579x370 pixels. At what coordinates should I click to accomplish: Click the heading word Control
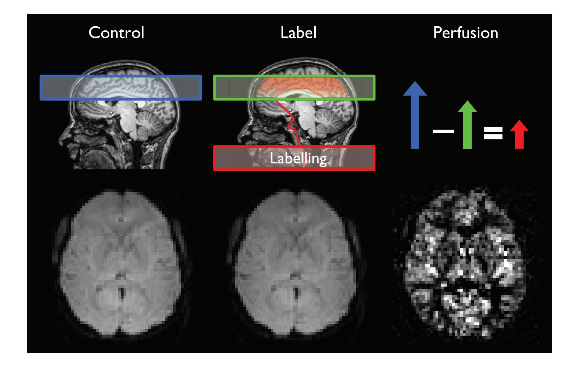click(x=116, y=33)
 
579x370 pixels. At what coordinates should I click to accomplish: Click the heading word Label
click(x=298, y=33)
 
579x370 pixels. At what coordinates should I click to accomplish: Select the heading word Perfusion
click(x=466, y=33)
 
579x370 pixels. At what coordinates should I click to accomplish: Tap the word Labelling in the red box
click(x=298, y=158)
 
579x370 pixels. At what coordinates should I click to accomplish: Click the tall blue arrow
click(x=415, y=115)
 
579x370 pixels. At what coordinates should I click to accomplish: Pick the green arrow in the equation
click(x=467, y=125)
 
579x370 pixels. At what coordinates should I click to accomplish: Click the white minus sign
click(x=443, y=131)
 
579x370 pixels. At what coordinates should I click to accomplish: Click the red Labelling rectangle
click(x=294, y=158)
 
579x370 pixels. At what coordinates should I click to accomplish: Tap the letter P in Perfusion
click(x=438, y=33)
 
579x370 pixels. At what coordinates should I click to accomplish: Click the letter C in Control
click(x=94, y=33)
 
